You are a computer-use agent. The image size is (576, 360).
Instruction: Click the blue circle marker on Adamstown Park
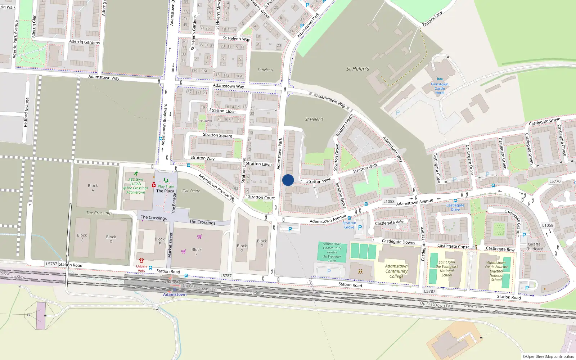(288, 180)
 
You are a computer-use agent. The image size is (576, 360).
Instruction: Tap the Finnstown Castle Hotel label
(440, 89)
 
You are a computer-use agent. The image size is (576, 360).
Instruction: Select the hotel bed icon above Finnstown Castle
(440, 79)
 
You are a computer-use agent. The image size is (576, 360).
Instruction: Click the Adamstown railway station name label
(175, 294)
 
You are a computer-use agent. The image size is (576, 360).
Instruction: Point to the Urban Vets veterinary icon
(141, 260)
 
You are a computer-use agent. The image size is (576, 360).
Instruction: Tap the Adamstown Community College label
(396, 271)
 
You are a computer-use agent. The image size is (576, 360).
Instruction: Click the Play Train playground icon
(166, 180)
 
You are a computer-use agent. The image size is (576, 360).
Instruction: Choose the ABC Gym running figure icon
(136, 174)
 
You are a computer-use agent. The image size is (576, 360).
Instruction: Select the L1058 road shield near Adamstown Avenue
(389, 202)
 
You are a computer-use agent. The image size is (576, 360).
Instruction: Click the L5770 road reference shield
(555, 181)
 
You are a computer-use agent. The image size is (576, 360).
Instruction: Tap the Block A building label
(93, 188)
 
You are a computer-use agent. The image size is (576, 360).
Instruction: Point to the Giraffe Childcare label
(534, 246)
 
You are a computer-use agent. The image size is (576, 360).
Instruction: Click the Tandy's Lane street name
(432, 19)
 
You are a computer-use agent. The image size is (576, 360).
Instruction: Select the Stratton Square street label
(217, 135)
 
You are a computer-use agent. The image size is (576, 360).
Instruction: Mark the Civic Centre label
(191, 191)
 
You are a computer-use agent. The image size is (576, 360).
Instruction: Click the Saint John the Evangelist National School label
(447, 269)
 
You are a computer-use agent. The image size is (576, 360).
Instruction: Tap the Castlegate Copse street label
(453, 246)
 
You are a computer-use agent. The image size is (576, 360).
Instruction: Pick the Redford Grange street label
(26, 112)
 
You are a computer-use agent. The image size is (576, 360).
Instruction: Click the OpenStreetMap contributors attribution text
(548, 356)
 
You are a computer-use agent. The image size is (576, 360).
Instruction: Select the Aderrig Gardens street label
(84, 42)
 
